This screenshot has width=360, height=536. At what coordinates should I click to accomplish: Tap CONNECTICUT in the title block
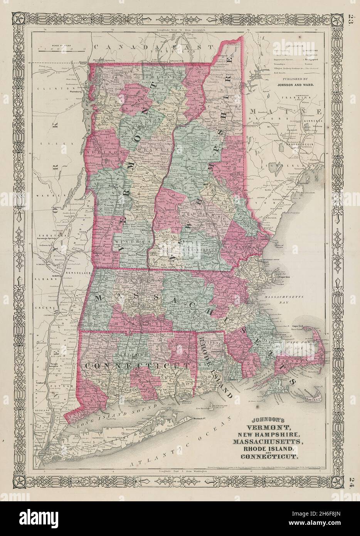click(269, 457)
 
